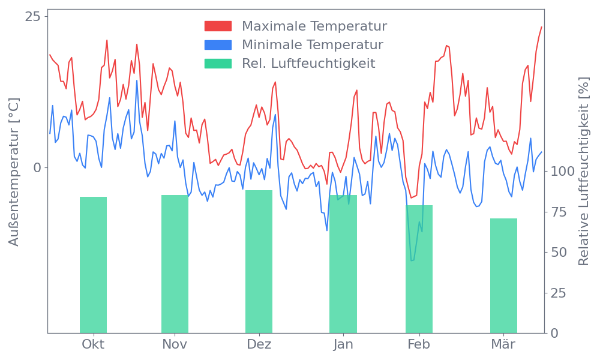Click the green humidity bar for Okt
click(93, 265)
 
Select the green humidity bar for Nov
click(175, 264)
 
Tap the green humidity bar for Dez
click(259, 262)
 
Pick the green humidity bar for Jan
click(343, 264)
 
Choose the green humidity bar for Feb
click(419, 269)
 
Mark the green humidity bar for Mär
click(503, 275)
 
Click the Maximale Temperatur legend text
click(314, 26)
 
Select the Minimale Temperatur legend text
click(312, 45)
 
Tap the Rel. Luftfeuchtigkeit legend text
click(308, 64)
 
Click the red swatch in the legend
click(218, 26)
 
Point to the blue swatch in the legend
click(218, 45)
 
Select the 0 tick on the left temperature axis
click(37, 167)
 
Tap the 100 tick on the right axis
click(563, 172)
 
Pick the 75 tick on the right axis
click(559, 212)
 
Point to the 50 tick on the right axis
click(559, 252)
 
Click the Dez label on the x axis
click(259, 344)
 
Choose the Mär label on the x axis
click(504, 344)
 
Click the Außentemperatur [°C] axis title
click(14, 172)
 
